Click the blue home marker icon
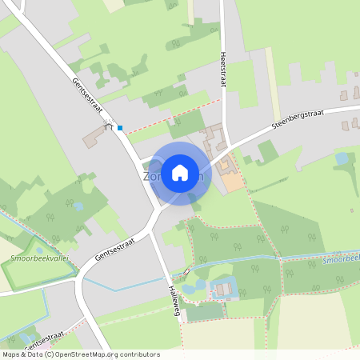click(180, 173)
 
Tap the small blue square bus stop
click(120, 127)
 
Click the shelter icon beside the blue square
click(108, 126)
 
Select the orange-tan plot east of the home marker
click(231, 181)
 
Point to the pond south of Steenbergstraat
click(342, 158)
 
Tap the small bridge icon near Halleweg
click(186, 271)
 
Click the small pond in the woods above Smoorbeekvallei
click(78, 206)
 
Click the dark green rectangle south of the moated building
click(206, 311)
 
